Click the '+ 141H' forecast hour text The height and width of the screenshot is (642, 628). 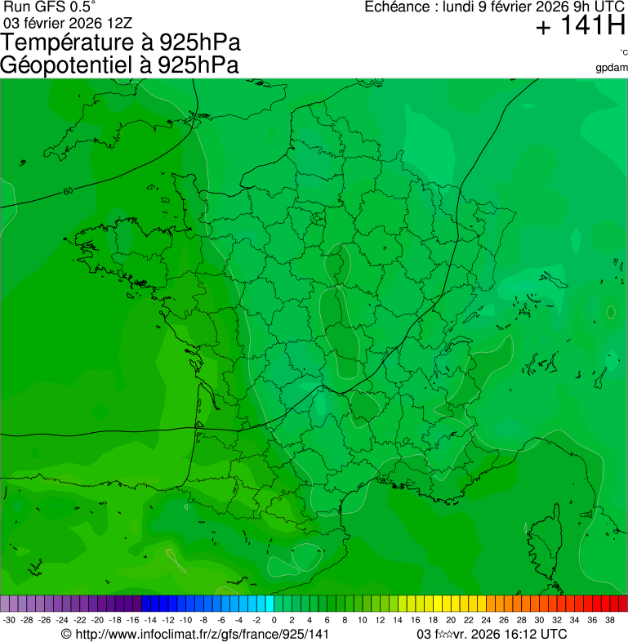(581, 27)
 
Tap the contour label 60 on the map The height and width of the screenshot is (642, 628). (67, 191)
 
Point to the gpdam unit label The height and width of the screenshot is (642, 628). (612, 67)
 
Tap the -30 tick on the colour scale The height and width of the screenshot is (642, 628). (9, 621)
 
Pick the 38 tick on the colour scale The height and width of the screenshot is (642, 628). (610, 621)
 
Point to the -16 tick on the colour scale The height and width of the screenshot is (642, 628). (133, 621)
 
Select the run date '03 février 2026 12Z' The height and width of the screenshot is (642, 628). (69, 22)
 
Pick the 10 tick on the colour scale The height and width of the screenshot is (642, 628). (363, 621)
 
